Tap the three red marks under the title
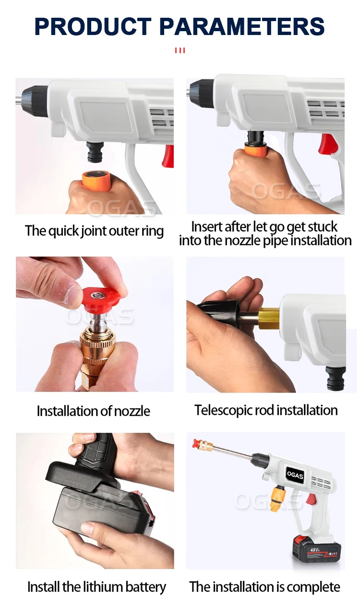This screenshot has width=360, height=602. pyautogui.click(x=180, y=50)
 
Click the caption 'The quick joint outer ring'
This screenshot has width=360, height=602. pyautogui.click(x=94, y=231)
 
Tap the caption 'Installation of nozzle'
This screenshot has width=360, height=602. pyautogui.click(x=94, y=411)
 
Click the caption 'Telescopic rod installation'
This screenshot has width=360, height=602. pyautogui.click(x=266, y=410)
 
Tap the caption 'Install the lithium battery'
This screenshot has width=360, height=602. pyautogui.click(x=96, y=587)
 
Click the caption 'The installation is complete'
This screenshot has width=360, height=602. pyautogui.click(x=264, y=587)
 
